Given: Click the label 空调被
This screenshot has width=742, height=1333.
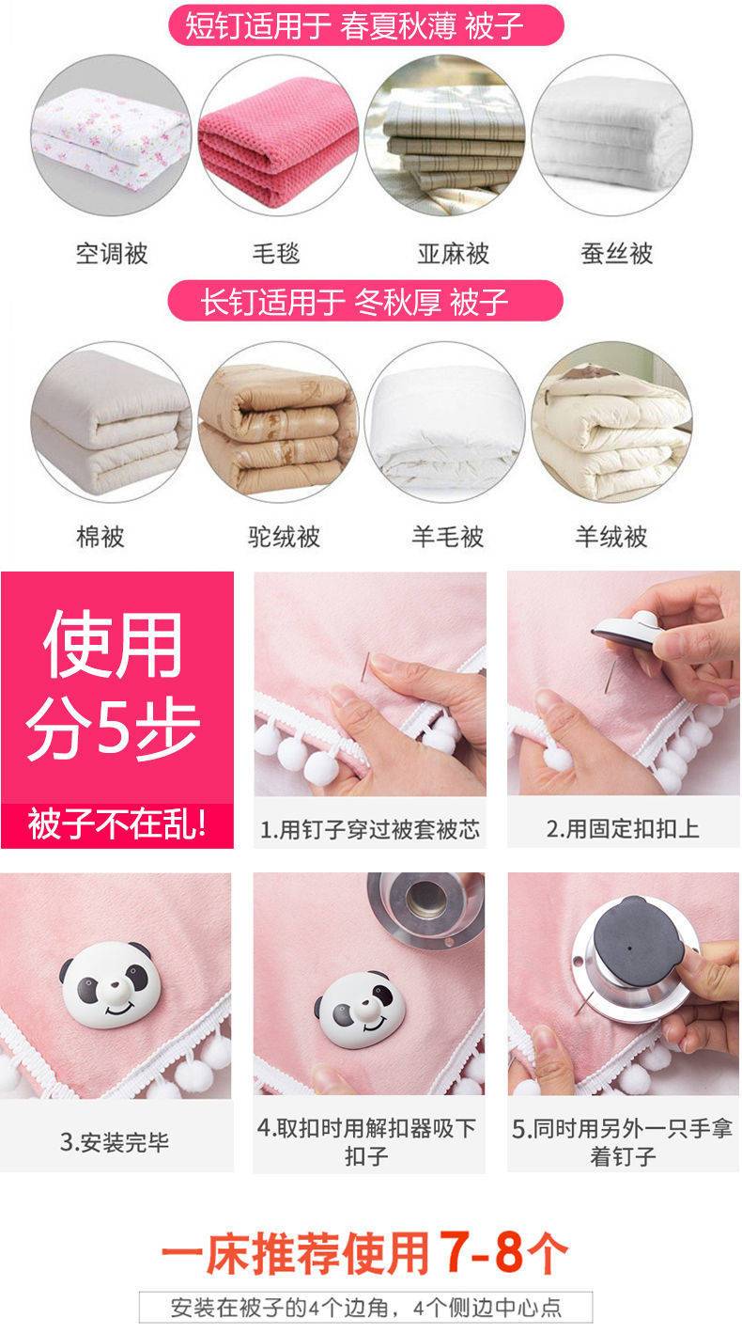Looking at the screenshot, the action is [x=112, y=254].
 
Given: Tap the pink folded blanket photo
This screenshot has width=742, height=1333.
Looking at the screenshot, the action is [x=278, y=136].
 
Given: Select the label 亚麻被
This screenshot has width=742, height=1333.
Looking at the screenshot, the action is [x=453, y=254].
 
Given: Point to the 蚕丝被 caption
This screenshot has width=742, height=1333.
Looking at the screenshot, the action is [x=616, y=254].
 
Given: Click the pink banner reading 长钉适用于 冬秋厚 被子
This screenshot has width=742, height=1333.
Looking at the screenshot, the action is [x=365, y=301].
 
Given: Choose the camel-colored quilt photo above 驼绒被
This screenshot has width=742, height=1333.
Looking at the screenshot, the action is [x=278, y=422].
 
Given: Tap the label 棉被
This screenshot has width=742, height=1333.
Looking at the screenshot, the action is [x=100, y=536].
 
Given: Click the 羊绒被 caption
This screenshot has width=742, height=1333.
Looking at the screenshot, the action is [x=611, y=536].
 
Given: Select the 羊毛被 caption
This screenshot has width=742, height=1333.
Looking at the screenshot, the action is [x=448, y=536].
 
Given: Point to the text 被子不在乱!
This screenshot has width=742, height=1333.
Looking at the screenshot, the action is [x=117, y=824].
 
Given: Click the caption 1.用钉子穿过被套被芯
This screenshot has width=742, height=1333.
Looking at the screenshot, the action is [x=370, y=829].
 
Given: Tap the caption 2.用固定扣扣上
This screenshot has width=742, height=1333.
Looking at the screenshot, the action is [x=623, y=828].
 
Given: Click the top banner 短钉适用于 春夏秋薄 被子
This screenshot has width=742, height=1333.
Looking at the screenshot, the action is [x=365, y=25].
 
